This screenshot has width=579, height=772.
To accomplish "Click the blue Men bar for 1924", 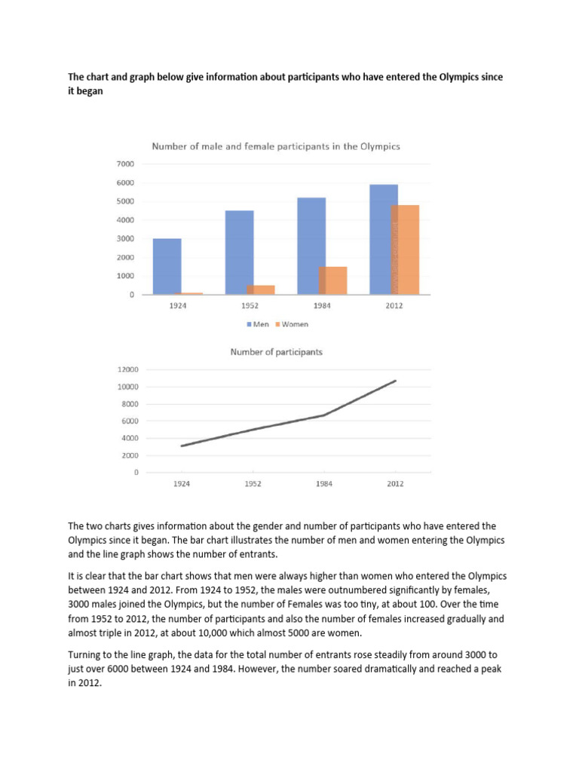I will tap(167, 266).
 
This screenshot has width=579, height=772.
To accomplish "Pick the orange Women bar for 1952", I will tap(260, 289).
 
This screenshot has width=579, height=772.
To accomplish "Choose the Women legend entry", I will tap(293, 324).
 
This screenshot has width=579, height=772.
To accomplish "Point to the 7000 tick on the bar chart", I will tap(126, 164).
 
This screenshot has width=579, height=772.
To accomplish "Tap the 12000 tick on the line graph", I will tap(127, 369).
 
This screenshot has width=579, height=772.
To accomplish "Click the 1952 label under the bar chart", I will tap(250, 306).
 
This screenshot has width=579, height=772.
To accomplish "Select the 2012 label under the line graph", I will tap(394, 484).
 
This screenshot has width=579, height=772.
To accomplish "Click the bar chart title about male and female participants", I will tap(276, 146).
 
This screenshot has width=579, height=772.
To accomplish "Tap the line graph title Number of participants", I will tap(276, 351).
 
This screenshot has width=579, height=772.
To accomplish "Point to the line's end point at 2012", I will tap(395, 381).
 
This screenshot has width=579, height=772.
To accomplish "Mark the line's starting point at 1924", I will tap(181, 446).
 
